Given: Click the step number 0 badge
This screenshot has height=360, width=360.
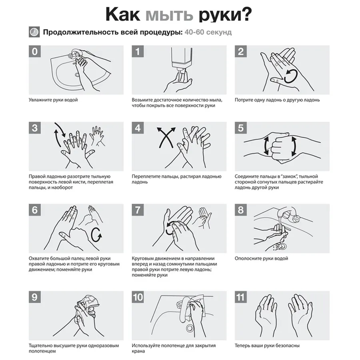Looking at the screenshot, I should point(35,52).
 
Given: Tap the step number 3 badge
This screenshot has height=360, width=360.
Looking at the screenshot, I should point(35,128).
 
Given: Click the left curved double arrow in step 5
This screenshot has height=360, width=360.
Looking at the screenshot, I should point(265,146).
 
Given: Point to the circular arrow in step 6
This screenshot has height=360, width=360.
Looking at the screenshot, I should point(96,235).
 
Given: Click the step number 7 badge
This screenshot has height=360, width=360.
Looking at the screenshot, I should point(138,210).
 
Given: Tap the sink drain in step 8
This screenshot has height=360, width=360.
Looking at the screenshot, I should point(283,246).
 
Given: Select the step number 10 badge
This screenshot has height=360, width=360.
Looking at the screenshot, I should point(138,297).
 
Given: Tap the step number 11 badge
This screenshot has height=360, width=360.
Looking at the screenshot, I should point(241,297).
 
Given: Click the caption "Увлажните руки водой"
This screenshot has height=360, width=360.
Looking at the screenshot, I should point(53,100).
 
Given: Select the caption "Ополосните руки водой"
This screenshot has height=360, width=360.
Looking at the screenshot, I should point(261,258).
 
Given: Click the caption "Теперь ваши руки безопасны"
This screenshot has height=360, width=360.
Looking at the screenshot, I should point(267,345).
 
